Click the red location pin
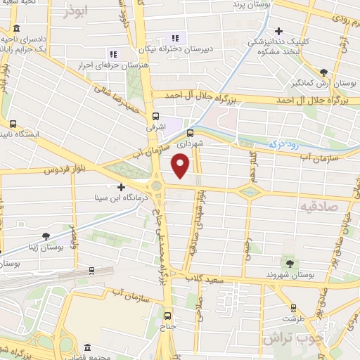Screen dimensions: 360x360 point(181,166)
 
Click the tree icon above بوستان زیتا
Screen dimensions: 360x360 point(46,237)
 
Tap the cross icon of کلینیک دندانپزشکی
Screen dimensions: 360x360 point(280,32)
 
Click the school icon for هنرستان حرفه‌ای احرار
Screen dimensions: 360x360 point(112,54)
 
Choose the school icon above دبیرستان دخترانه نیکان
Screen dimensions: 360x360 point(175,38)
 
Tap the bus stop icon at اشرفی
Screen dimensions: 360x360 point(155,117)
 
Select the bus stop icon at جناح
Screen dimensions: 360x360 point(168,315)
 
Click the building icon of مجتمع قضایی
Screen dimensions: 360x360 point(87,348)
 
